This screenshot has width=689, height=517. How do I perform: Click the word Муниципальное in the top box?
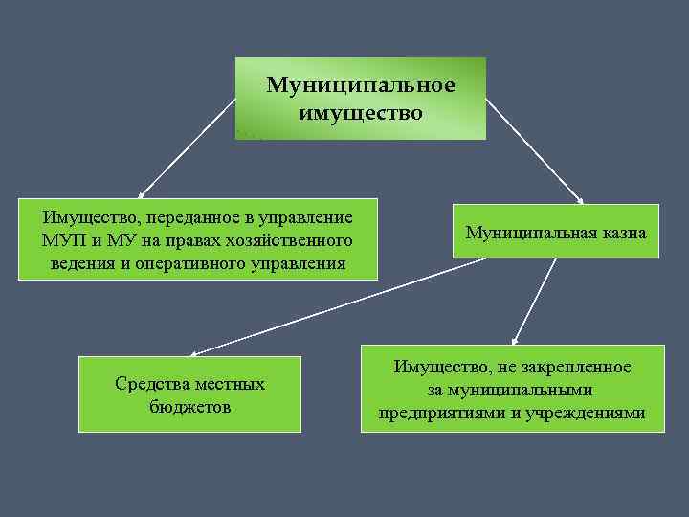pos(361,85)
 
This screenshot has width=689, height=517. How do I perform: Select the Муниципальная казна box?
pos(556,231)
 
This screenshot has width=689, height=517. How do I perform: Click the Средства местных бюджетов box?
pos(189,394)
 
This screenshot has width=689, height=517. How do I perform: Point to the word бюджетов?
pos(189,406)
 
